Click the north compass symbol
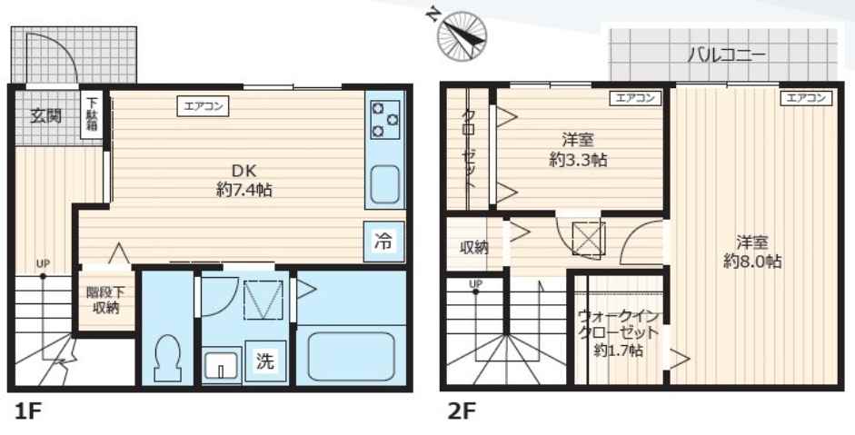click(x=461, y=33)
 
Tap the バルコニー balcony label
click(x=725, y=53)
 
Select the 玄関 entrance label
click(x=45, y=115)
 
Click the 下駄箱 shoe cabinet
click(x=91, y=115)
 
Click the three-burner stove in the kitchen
click(x=385, y=119)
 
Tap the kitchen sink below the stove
click(x=385, y=185)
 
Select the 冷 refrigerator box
click(x=384, y=241)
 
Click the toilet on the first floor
click(x=167, y=359)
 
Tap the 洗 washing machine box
click(x=264, y=361)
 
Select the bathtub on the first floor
click(x=352, y=357)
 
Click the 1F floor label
click(x=28, y=411)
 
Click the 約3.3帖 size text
click(x=578, y=159)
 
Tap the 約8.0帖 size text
click(x=752, y=261)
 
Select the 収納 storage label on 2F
click(x=473, y=247)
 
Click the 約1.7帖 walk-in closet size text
click(x=618, y=350)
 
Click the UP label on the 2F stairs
click(x=474, y=283)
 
